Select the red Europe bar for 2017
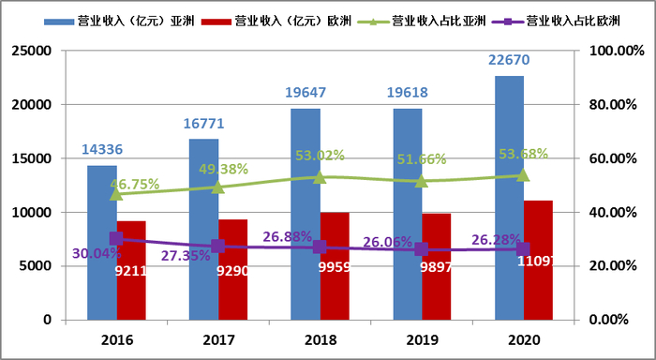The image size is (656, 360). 233,277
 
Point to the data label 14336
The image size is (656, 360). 101,149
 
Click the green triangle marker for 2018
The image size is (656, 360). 320,176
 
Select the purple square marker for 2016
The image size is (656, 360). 116,239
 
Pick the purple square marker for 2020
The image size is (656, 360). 523,248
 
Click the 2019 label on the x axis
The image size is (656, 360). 422,340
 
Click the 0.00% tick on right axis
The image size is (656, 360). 608,320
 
